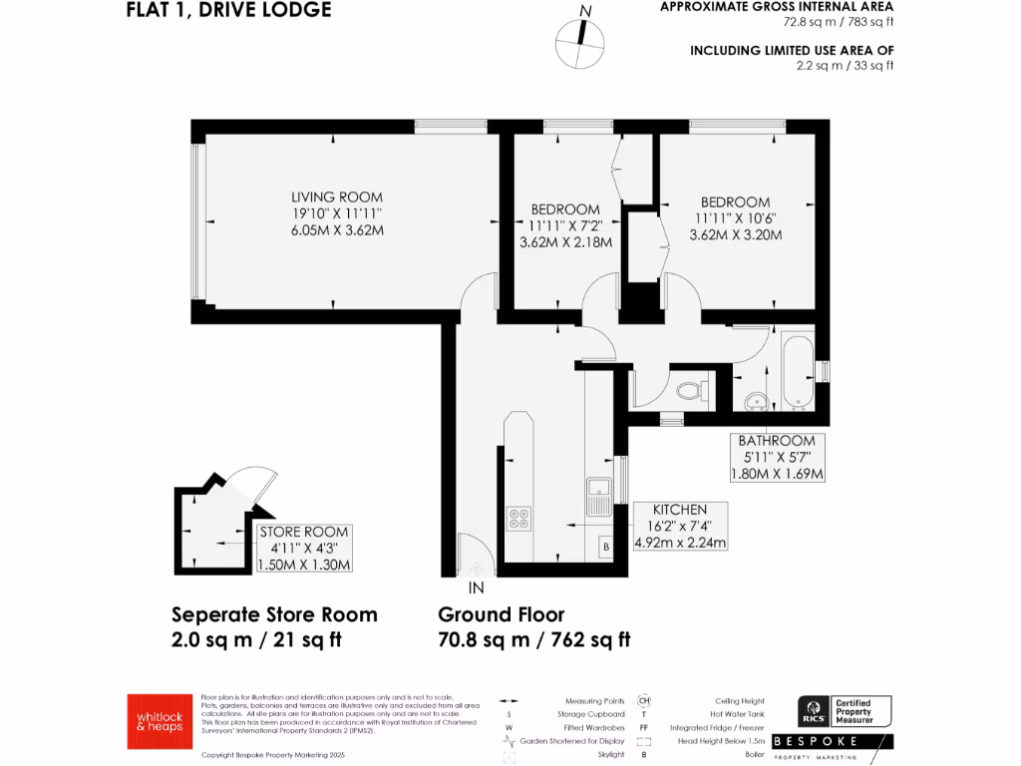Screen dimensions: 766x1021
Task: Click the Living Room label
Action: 336,197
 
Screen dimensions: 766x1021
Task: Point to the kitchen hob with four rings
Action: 520,518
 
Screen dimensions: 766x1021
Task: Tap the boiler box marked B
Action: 603,547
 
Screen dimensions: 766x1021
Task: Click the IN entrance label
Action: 477,588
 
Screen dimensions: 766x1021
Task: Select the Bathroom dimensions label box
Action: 777,457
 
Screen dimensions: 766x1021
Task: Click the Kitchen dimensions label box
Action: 680,526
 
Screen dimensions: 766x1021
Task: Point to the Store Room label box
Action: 305,549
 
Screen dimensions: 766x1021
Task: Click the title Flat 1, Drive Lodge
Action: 228,11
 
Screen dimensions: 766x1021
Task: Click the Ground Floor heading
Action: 502,614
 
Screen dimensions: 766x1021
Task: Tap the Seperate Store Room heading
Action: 274,614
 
